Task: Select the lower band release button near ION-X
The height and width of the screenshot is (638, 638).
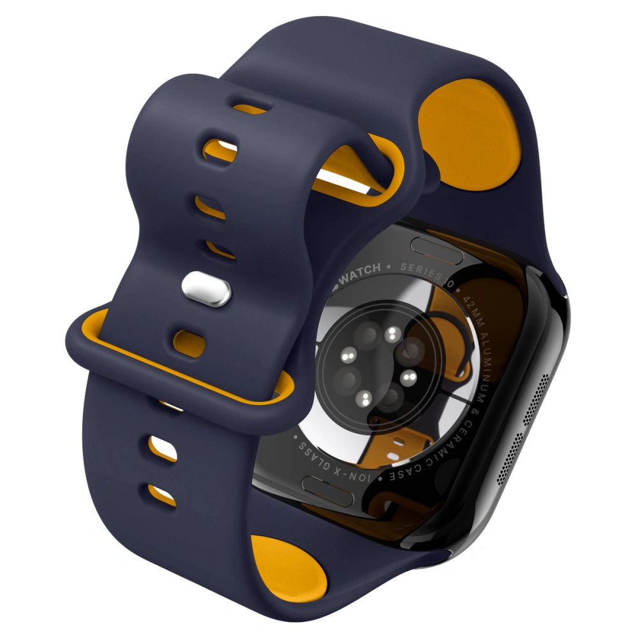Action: (x=329, y=485)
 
